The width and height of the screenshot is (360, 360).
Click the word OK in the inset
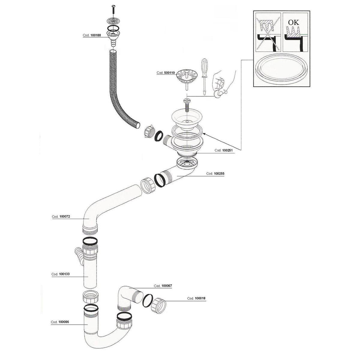click(x=293, y=22)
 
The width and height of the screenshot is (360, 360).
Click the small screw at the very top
click(x=113, y=9)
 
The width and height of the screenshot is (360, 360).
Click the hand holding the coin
click(x=223, y=83)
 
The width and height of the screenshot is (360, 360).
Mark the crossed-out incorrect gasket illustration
click(x=268, y=32)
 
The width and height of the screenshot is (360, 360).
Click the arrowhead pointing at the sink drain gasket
click(x=204, y=134)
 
